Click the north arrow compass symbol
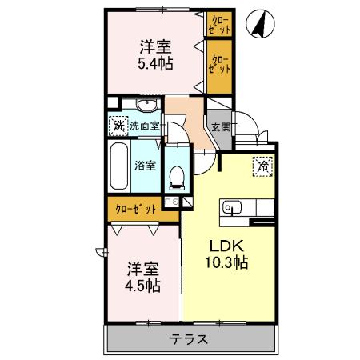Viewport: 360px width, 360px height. tap(260, 24)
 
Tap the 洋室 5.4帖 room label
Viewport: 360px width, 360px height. tap(155, 55)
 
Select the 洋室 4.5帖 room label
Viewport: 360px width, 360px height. tap(143, 278)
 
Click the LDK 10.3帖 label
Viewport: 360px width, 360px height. tap(226, 254)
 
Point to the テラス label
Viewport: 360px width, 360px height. tap(189, 339)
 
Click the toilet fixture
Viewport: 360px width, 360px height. tap(177, 178)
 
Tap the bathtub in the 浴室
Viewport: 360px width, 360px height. tap(119, 166)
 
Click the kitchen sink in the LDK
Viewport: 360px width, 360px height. tap(232, 207)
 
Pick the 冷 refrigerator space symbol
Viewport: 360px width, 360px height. tap(263, 166)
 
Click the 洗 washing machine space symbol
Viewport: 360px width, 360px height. tap(118, 126)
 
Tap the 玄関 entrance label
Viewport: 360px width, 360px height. tap(221, 127)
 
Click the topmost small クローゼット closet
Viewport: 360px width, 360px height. tap(219, 24)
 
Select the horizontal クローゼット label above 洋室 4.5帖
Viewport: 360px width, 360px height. tap(136, 209)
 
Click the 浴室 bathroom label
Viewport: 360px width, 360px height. tap(145, 166)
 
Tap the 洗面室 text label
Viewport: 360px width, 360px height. tap(145, 126)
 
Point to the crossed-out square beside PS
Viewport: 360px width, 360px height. tap(187, 202)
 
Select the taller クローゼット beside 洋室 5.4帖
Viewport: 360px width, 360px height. tap(219, 66)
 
